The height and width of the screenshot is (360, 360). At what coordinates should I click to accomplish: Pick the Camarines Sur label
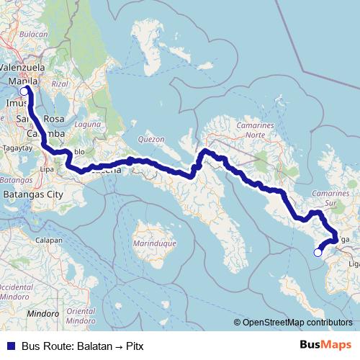332,199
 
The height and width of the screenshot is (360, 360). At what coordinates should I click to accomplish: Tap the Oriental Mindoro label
81,315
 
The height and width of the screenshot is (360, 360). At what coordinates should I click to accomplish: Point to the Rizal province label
60,84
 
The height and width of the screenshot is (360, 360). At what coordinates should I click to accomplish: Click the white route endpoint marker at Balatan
318,252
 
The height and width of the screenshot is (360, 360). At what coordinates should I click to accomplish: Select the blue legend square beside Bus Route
10,346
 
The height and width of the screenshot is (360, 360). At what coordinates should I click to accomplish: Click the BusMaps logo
325,346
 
